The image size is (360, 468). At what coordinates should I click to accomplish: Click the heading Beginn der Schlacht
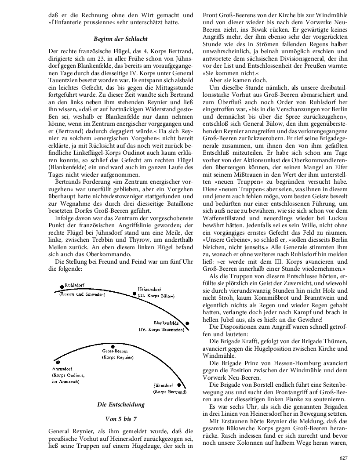click(x=120, y=39)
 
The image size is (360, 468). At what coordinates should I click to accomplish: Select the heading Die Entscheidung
click(x=120, y=404)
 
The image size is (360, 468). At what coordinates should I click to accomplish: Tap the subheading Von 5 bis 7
click(x=120, y=418)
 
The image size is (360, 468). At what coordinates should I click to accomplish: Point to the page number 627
click(x=344, y=458)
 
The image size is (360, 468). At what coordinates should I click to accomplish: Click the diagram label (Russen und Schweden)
click(x=82, y=294)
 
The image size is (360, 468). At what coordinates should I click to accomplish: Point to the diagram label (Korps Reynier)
click(x=115, y=358)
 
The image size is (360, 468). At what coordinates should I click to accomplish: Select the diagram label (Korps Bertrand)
click(x=169, y=391)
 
